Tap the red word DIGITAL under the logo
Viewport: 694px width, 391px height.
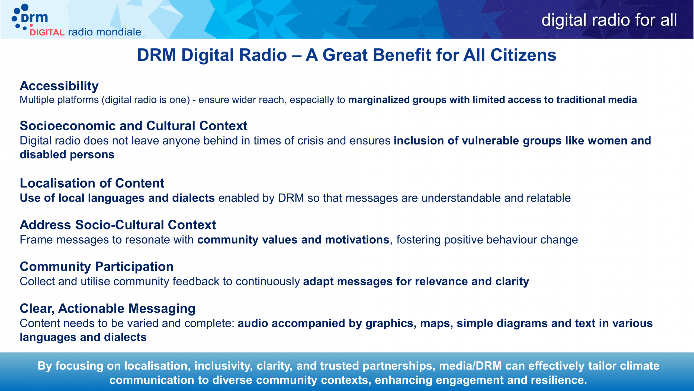pos(47,33)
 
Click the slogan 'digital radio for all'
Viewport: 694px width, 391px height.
pos(609,20)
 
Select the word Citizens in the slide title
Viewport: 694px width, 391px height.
pos(523,55)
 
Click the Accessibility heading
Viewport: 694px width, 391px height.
pos(59,86)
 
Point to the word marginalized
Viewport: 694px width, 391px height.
pos(379,100)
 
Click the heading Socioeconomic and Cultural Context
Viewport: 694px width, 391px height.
pos(133,126)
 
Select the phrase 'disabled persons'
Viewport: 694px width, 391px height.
pos(67,154)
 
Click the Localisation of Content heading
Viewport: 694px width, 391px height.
pos(92,183)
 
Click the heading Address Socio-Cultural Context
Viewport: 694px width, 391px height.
pos(118,225)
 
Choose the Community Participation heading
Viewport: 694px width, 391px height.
pos(97,267)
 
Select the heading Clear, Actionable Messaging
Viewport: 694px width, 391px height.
pos(108,308)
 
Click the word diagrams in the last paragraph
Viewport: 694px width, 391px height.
pos(522,324)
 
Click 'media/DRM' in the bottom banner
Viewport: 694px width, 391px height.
pos(470,366)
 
